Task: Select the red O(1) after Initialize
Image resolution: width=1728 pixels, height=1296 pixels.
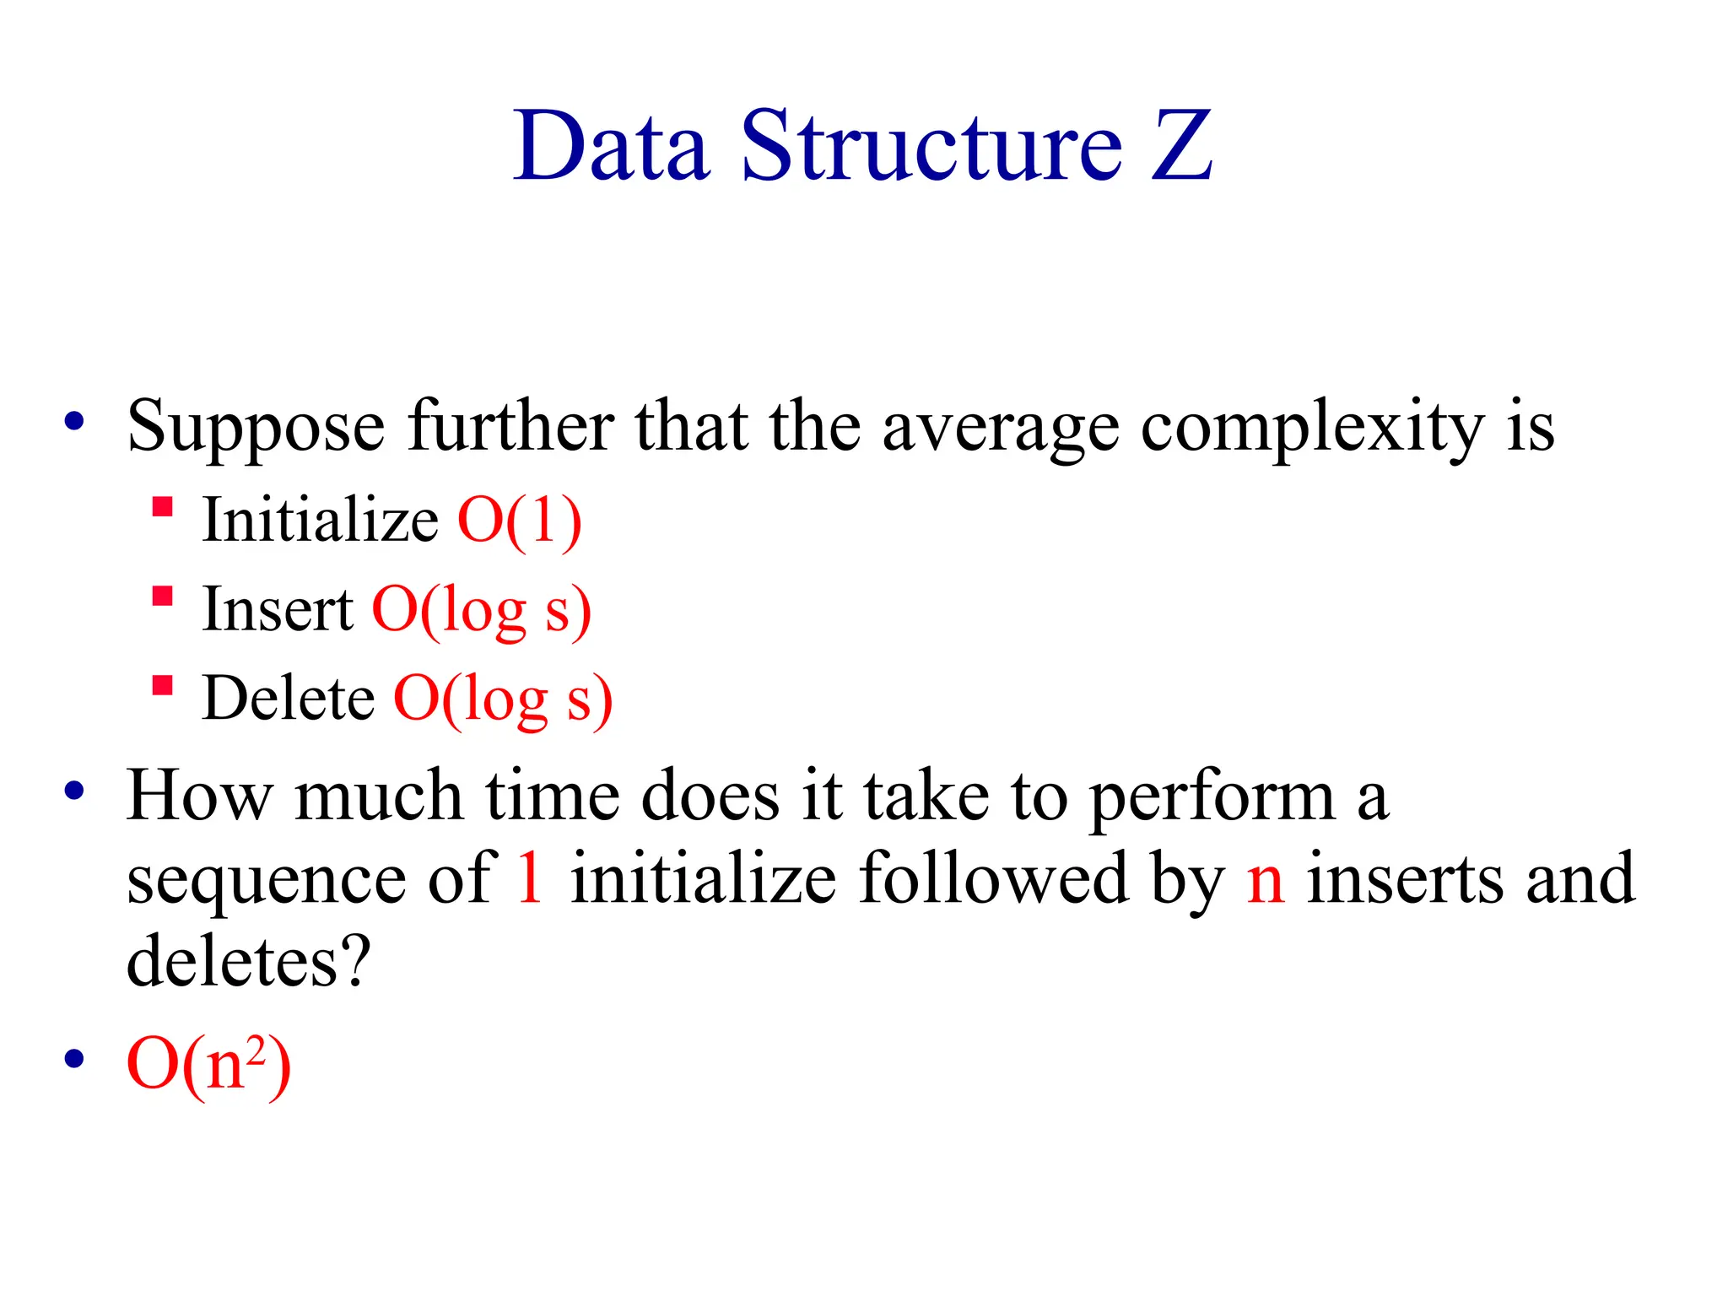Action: [x=519, y=521]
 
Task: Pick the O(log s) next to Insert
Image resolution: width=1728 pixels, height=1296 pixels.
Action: [x=481, y=610]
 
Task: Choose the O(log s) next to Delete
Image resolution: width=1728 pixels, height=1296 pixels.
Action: [x=503, y=699]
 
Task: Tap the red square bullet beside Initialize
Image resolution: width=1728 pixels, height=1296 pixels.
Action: [x=162, y=506]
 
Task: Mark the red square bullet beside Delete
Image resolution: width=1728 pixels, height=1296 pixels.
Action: [x=162, y=684]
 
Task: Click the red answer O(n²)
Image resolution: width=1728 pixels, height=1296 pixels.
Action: [x=208, y=1065]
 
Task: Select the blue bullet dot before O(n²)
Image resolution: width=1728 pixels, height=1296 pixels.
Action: [x=74, y=1058]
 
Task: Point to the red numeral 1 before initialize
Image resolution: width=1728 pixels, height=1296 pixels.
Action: [x=530, y=878]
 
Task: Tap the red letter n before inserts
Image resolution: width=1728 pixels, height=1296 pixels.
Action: [x=1266, y=882]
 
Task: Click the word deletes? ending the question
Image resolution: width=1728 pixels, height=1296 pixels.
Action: [x=248, y=961]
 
